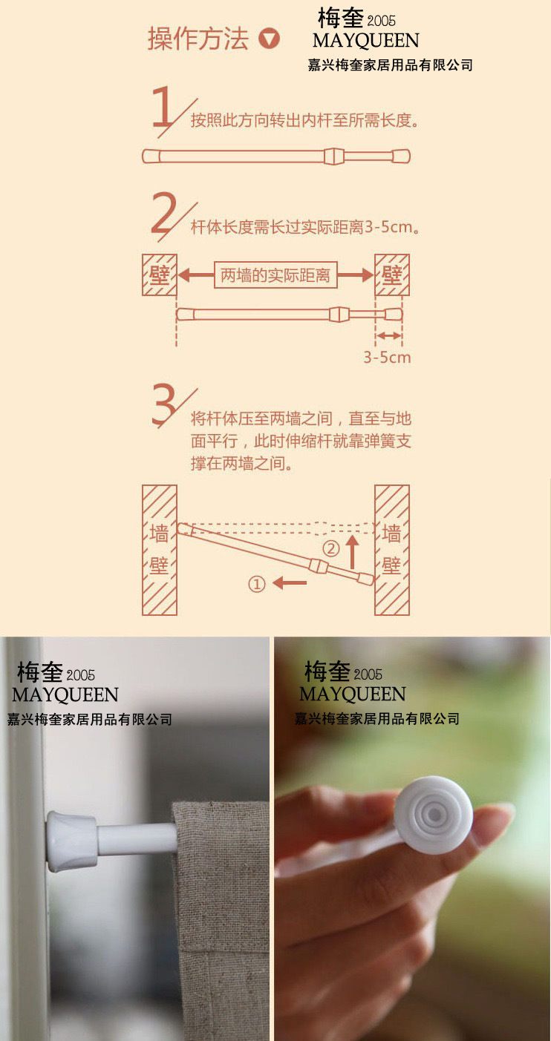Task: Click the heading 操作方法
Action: click(x=198, y=39)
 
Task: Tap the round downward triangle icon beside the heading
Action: click(x=269, y=39)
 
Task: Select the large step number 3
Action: click(x=164, y=407)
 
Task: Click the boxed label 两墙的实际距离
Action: click(x=275, y=275)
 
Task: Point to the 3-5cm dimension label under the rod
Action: click(x=387, y=357)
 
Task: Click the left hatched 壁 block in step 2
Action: click(x=159, y=275)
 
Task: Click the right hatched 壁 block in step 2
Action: click(x=391, y=275)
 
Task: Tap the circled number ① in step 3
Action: click(x=256, y=584)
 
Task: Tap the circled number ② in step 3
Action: click(x=330, y=549)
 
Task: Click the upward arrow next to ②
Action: click(x=353, y=552)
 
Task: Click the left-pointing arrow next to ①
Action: click(x=290, y=584)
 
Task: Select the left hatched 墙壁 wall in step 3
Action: click(x=159, y=550)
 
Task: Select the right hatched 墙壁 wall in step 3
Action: click(x=391, y=550)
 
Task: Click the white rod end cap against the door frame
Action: click(x=71, y=841)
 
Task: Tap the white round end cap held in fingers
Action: click(x=433, y=815)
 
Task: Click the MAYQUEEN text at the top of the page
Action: click(x=365, y=40)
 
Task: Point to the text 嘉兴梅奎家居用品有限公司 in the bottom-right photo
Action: click(x=377, y=718)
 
